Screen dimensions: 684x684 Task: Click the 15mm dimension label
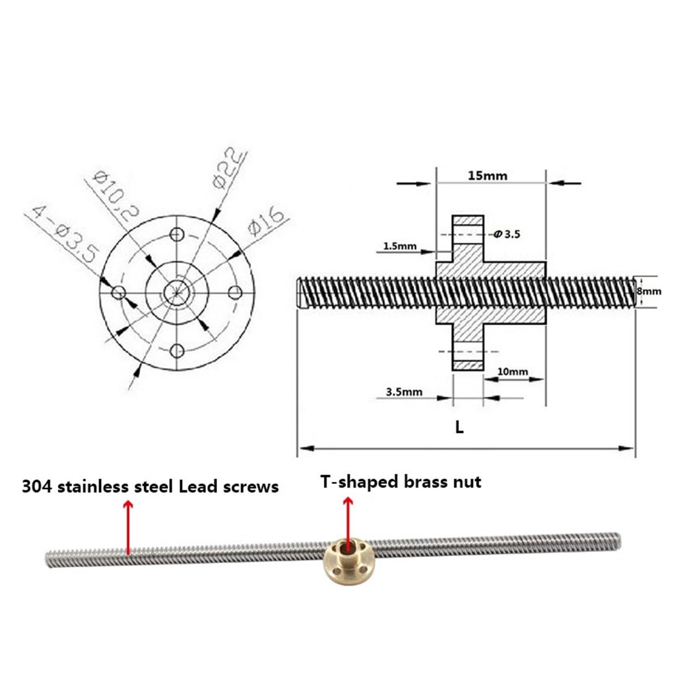pyautogui.click(x=487, y=176)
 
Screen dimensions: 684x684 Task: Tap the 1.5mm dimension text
pyautogui.click(x=399, y=246)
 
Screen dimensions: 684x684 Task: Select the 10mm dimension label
pyautogui.click(x=513, y=371)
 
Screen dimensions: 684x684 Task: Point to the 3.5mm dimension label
pyautogui.click(x=404, y=392)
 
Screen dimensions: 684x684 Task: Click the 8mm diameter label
pyautogui.click(x=649, y=292)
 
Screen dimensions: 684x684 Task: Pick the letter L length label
pyautogui.click(x=459, y=427)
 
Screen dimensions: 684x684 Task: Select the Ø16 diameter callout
pyautogui.click(x=266, y=221)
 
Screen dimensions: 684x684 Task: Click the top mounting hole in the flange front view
pyautogui.click(x=177, y=234)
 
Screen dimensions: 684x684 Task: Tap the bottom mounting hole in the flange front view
pyautogui.click(x=177, y=351)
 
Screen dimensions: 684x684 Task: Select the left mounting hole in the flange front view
pyautogui.click(x=118, y=293)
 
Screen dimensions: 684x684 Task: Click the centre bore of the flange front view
pyautogui.click(x=177, y=292)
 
